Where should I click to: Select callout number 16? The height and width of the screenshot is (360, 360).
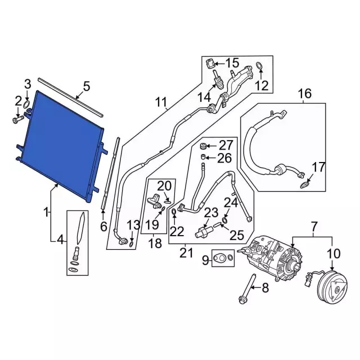pyautogui.click(x=304, y=93)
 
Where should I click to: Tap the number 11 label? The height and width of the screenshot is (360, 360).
pyautogui.click(x=161, y=102)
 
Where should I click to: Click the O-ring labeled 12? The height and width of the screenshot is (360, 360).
pyautogui.click(x=259, y=67)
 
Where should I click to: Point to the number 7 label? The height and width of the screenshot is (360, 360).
pyautogui.click(x=314, y=227)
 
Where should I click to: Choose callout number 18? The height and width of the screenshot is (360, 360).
pyautogui.click(x=155, y=244)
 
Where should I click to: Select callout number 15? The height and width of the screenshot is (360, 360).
pyautogui.click(x=232, y=63)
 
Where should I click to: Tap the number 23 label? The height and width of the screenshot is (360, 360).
pyautogui.click(x=210, y=212)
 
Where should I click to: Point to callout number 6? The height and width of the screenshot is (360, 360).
pyautogui.click(x=103, y=226)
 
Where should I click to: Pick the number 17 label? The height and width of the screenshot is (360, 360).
pyautogui.click(x=318, y=166)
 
